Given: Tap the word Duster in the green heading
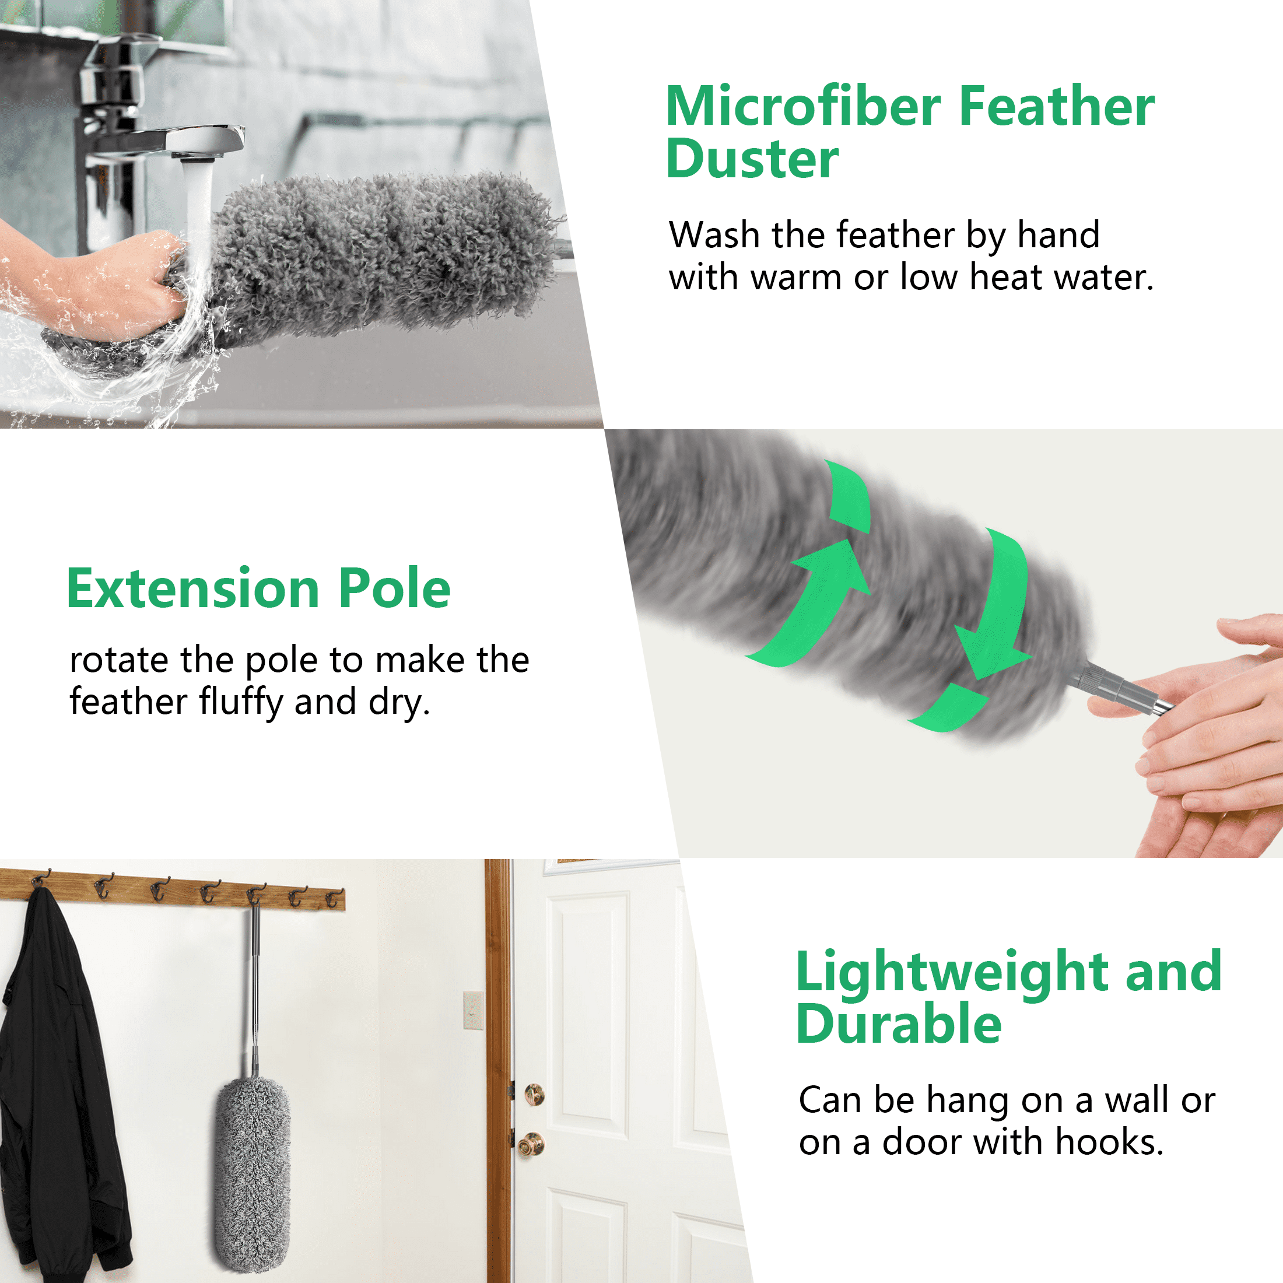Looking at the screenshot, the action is tap(752, 159).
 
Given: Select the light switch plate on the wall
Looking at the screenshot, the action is tap(472, 1010).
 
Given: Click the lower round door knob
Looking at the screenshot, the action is tap(531, 1145).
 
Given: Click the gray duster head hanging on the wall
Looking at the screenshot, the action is tap(252, 1176).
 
